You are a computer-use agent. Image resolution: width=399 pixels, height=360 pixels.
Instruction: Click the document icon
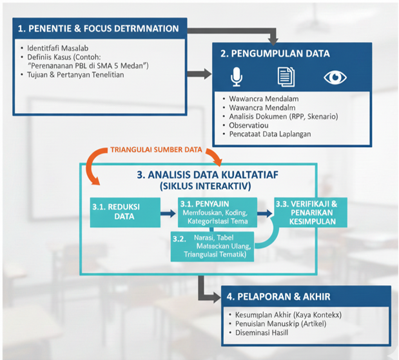(286, 78)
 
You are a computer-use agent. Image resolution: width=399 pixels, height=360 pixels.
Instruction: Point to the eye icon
(335, 78)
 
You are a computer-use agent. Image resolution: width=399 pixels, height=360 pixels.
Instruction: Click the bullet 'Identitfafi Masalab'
(57, 48)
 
